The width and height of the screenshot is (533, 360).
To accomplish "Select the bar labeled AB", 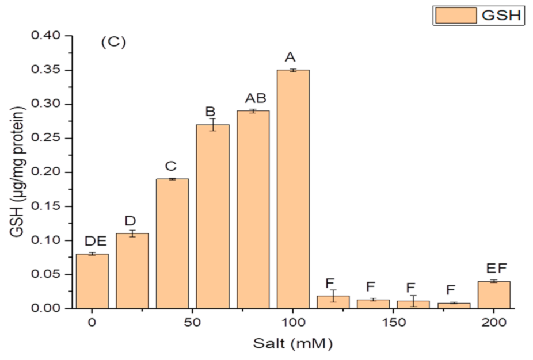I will click(x=253, y=209).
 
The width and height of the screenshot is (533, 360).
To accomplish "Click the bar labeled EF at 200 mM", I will click(x=494, y=294).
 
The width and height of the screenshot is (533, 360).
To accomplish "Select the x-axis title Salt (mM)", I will click(x=293, y=344).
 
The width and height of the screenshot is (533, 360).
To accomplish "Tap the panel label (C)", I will click(x=113, y=42).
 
